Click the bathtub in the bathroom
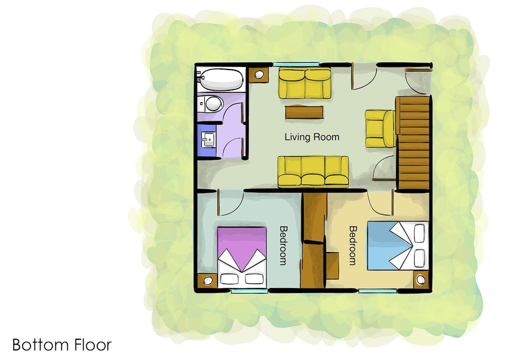[x=222, y=80]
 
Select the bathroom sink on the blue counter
[x=208, y=139]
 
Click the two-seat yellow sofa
[x=305, y=83]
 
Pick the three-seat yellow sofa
[x=313, y=171]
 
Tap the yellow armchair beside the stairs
[x=380, y=128]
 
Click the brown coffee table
[x=304, y=112]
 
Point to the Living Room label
[x=312, y=137]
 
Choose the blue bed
[x=398, y=245]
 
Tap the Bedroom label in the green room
[x=283, y=245]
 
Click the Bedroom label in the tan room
[x=353, y=245]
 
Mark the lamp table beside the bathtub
[x=259, y=75]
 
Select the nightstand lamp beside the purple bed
[x=207, y=280]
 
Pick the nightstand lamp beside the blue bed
[x=421, y=279]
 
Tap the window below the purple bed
[x=249, y=291]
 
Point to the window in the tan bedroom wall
[x=378, y=291]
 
